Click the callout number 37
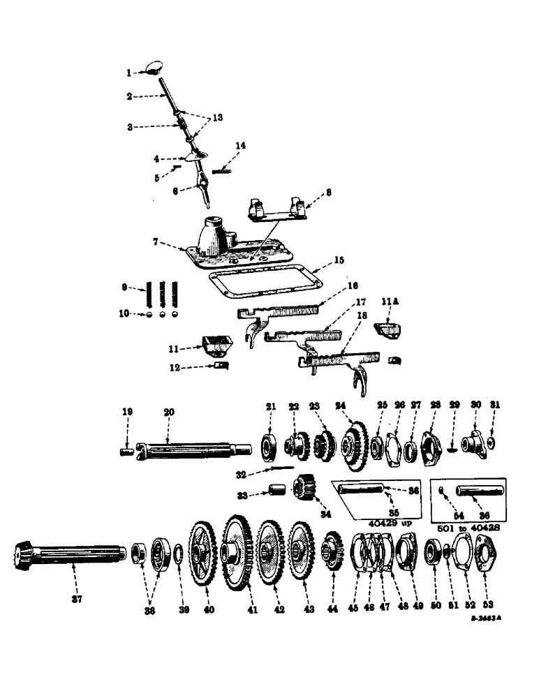pos(77,599)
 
